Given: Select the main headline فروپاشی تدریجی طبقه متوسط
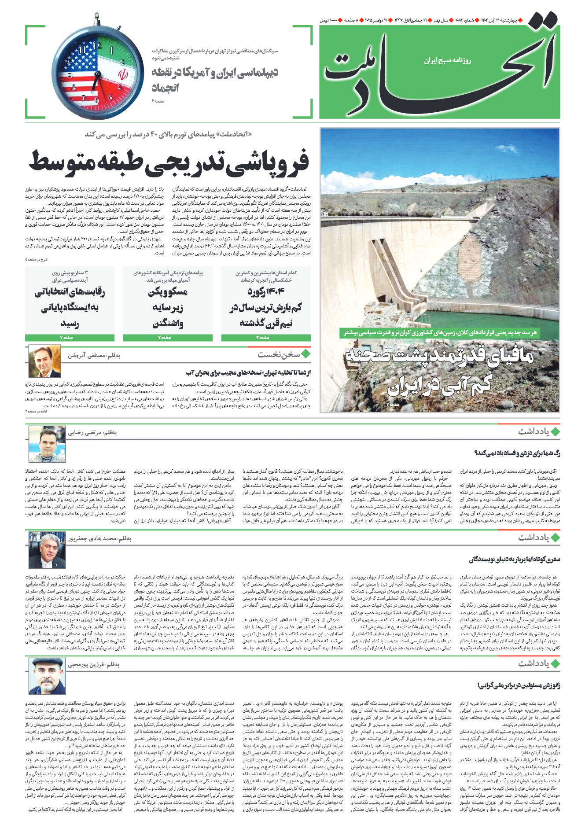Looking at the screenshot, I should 169,162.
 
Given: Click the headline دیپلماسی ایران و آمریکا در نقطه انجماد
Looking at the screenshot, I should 215,79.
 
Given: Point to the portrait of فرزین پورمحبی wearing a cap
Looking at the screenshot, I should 46,676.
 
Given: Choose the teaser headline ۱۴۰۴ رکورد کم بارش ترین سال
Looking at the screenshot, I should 266,307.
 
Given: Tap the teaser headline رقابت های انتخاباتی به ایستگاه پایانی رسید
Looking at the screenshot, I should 70,307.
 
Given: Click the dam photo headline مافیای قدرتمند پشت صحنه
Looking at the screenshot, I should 440,370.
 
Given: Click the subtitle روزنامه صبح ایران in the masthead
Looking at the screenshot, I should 447,60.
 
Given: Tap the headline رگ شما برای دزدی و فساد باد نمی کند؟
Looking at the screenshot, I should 517,453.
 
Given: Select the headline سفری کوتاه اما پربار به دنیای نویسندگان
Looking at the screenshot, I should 515,560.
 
